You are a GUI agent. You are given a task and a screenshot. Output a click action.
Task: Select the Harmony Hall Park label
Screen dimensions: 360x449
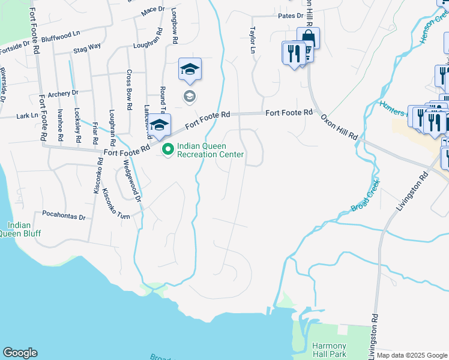pyautogui.click(x=329, y=350)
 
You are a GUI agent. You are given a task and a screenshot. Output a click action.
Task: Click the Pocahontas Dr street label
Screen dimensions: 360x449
pyautogui.click(x=64, y=214)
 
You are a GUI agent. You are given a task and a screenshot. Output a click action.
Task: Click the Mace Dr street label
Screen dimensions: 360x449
pyautogui.click(x=153, y=10)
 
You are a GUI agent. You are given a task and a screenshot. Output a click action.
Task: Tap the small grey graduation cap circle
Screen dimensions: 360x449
pyautogui.click(x=189, y=96)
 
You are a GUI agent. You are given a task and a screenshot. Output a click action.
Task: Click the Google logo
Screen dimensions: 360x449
pyautogui.click(x=20, y=353)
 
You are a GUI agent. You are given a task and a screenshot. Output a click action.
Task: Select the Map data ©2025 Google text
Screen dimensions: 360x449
pyautogui.click(x=412, y=355)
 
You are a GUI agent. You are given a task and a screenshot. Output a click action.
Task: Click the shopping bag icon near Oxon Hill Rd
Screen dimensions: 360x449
pyautogui.click(x=308, y=38)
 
